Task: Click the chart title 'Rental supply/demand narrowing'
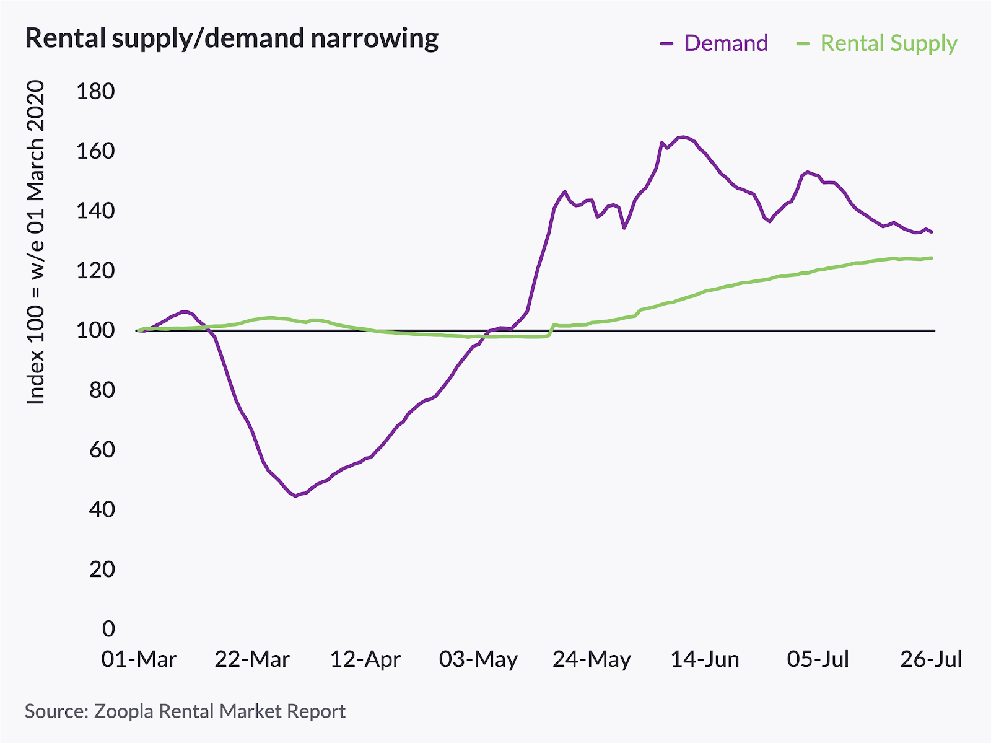click(x=232, y=38)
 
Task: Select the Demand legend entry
click(x=725, y=43)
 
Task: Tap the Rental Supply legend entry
click(x=888, y=43)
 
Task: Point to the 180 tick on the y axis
click(x=95, y=92)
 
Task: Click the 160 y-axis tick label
click(x=95, y=151)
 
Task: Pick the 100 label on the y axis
click(x=95, y=330)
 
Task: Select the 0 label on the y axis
click(x=108, y=628)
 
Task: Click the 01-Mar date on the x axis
click(x=139, y=659)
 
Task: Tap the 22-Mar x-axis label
click(x=252, y=659)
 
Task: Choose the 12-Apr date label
click(x=365, y=659)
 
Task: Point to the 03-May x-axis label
click(x=478, y=659)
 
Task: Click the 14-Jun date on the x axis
click(x=705, y=659)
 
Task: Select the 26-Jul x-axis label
click(x=931, y=659)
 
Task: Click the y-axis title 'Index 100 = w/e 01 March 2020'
click(x=36, y=242)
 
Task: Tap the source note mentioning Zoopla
click(x=185, y=711)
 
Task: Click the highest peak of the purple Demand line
click(x=684, y=136)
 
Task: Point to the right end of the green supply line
click(x=932, y=258)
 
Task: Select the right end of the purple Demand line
click(x=932, y=232)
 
